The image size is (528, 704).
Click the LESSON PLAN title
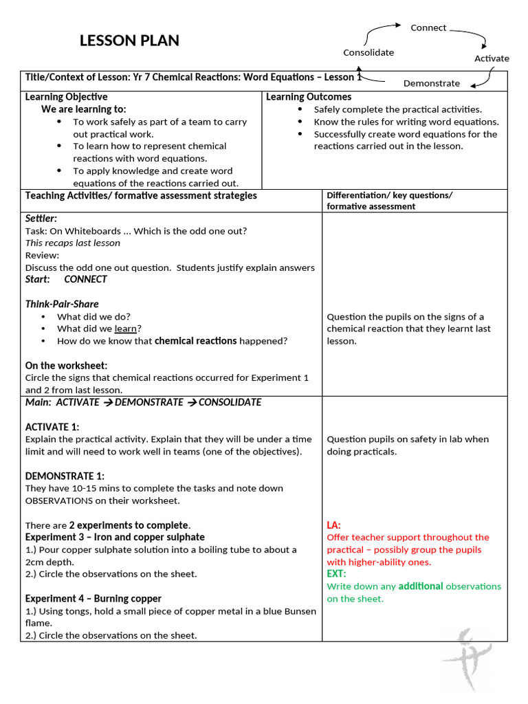[x=129, y=41]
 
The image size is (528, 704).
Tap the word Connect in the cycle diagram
[x=428, y=27]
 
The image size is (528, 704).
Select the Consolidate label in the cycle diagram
[x=368, y=52]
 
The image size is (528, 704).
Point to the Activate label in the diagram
[x=492, y=58]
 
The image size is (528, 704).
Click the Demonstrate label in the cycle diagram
[x=431, y=83]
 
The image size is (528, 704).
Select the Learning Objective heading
[x=66, y=97]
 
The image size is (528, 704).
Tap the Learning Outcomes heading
[x=309, y=97]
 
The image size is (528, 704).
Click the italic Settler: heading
[x=41, y=218]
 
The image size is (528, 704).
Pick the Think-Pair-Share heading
[x=62, y=304]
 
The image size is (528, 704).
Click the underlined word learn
[x=125, y=329]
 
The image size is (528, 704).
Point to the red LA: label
[x=333, y=525]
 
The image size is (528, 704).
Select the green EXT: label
[x=336, y=574]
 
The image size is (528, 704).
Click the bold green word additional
[x=421, y=586]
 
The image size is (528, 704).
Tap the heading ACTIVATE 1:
[x=52, y=427]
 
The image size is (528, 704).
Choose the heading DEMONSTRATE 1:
[x=65, y=476]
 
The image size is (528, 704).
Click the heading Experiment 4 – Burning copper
[x=93, y=598]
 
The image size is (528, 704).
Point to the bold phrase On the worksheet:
[x=66, y=366]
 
